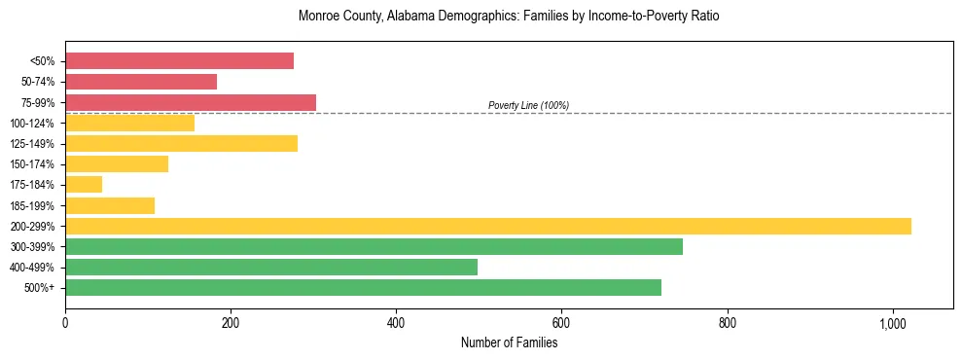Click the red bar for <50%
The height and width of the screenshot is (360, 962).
[x=179, y=61]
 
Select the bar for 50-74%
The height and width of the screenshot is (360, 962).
[x=141, y=82]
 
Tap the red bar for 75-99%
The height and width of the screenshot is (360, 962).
[x=191, y=102]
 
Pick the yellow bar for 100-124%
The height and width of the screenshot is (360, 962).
[x=129, y=123]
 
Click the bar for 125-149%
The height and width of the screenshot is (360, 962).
[x=181, y=144]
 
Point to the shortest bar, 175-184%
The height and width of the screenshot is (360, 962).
[x=84, y=185]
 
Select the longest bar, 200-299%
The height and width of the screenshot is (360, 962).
[x=488, y=226]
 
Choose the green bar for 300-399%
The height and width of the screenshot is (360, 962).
[x=374, y=246]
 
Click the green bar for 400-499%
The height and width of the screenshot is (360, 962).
[x=271, y=267]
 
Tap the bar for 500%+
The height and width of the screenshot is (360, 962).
[x=363, y=287]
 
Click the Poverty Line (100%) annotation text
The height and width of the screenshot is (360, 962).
[x=528, y=105]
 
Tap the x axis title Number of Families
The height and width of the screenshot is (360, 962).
[x=509, y=342]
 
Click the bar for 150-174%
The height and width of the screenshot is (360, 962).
[x=117, y=164]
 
